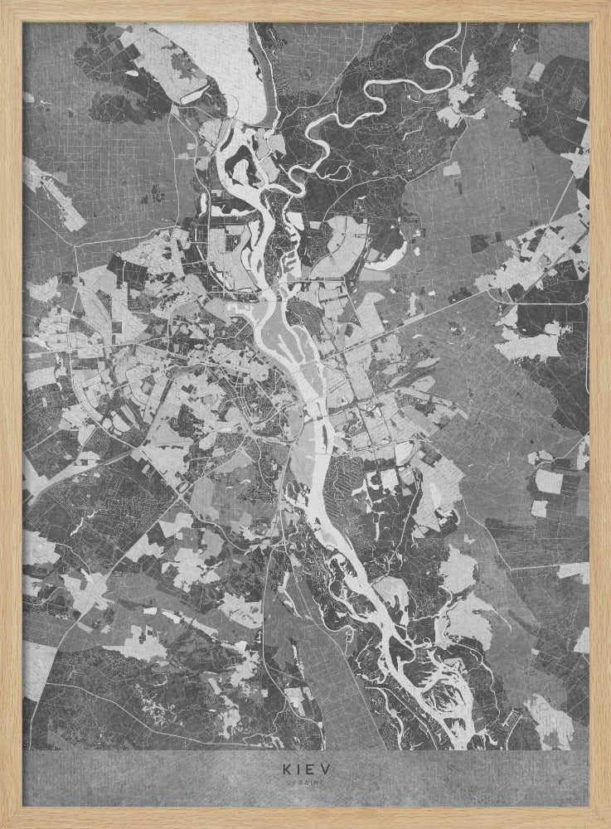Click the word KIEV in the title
coord(306,768)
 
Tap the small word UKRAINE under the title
coord(306,782)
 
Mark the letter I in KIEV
coord(298,768)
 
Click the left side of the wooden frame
coord(10,414)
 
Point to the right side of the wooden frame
coord(600,414)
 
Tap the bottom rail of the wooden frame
coord(306,817)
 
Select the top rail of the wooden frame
coord(306,10)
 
